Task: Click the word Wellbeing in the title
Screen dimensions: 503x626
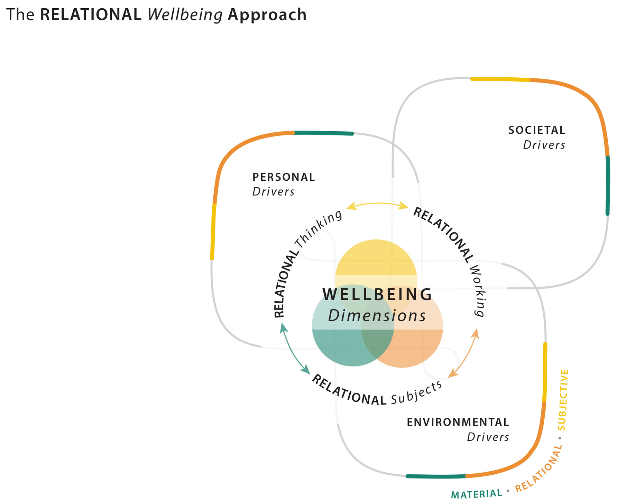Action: coord(185,15)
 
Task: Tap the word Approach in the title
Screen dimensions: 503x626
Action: coord(267,15)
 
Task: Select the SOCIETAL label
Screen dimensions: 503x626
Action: coord(536,130)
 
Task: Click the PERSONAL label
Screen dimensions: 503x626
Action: coord(284,177)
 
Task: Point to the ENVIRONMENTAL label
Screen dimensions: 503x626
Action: coord(458,422)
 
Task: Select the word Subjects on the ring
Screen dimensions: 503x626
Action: coord(417,392)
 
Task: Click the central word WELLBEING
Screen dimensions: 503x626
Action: coord(377,294)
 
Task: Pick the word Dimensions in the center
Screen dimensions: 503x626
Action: coord(377,316)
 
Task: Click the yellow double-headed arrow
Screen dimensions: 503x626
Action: coord(377,205)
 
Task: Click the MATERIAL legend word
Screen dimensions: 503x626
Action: coord(477,494)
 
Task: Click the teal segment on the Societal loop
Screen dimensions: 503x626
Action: coord(608,185)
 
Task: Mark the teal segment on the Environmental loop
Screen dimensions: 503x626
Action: coord(436,476)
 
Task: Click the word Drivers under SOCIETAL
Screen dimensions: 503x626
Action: coord(544,145)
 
